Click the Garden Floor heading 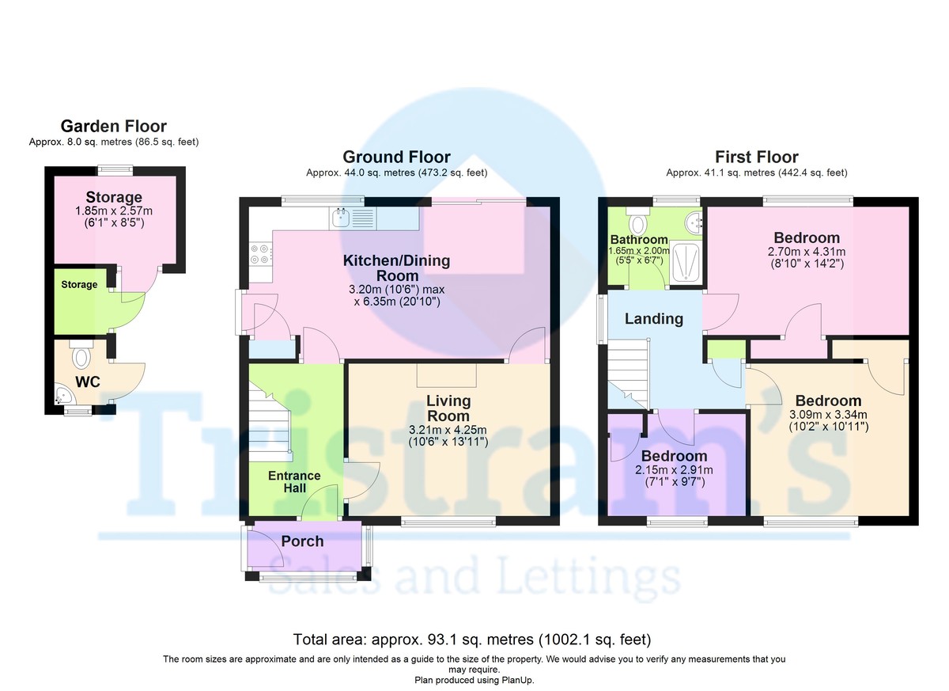(114, 127)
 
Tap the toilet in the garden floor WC (81, 355)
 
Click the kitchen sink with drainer (353, 218)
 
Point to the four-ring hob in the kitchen (260, 254)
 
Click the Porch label (302, 541)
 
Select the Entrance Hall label (294, 481)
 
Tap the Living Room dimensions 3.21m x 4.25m (448, 430)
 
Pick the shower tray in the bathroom (686, 262)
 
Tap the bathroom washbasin (694, 222)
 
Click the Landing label (654, 319)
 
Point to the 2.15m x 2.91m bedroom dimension (674, 469)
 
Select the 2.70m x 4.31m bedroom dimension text (807, 252)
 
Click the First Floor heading (757, 157)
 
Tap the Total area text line (472, 640)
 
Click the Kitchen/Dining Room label (396, 268)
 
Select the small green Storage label (79, 284)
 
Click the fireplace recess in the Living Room (447, 376)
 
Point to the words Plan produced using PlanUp (474, 681)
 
